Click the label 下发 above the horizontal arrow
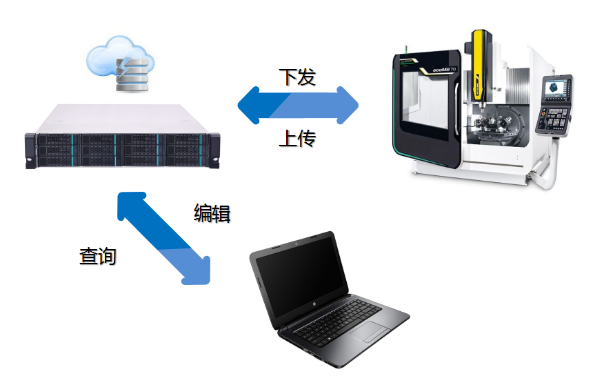[x=297, y=77]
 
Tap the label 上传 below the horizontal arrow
[x=297, y=138]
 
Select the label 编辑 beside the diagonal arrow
[x=212, y=213]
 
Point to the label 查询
[x=98, y=256]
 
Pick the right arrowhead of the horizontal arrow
[x=348, y=105]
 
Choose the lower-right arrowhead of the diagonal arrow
[x=197, y=271]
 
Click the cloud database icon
[x=120, y=63]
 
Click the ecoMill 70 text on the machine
[x=444, y=70]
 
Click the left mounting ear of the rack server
[x=30, y=150]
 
